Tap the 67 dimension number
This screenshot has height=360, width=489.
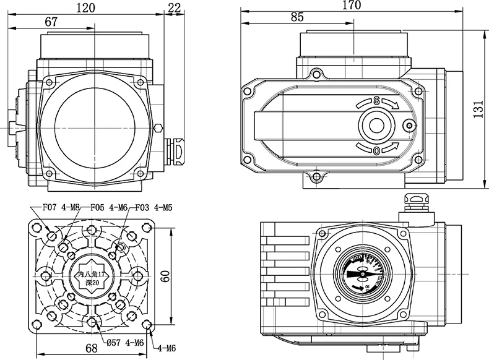(51, 21)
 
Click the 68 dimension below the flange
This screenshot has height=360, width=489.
(92, 348)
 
